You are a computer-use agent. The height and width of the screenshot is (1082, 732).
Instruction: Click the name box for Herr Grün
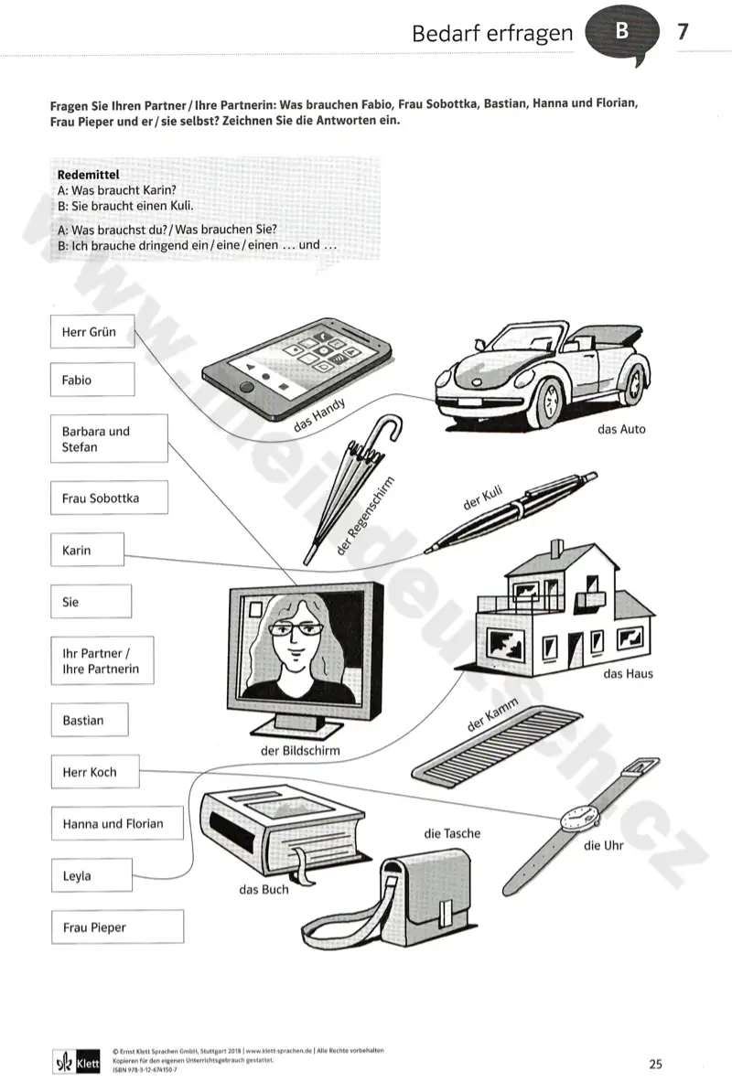pyautogui.click(x=92, y=332)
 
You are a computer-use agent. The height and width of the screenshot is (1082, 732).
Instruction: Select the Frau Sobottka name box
pyautogui.click(x=109, y=498)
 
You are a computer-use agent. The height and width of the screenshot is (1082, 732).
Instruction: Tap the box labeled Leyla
pyautogui.click(x=91, y=875)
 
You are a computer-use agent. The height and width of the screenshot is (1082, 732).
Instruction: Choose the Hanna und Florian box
pyautogui.click(x=117, y=823)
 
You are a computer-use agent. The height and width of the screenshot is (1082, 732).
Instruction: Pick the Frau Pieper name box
pyautogui.click(x=117, y=927)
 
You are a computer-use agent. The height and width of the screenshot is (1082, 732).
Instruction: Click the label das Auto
pyautogui.click(x=621, y=429)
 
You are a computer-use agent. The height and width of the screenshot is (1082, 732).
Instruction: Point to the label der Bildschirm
pyautogui.click(x=300, y=751)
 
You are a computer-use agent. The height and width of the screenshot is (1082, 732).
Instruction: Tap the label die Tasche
pyautogui.click(x=452, y=833)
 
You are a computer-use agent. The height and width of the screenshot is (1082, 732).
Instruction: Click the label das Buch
pyautogui.click(x=264, y=890)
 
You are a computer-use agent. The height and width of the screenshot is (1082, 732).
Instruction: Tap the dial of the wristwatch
pyautogui.click(x=578, y=819)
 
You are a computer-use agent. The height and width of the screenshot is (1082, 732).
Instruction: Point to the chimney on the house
pyautogui.click(x=556, y=551)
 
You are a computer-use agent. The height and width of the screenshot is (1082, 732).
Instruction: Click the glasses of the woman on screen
pyautogui.click(x=296, y=629)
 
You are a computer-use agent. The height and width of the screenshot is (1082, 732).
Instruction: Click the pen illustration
pyautogui.click(x=511, y=512)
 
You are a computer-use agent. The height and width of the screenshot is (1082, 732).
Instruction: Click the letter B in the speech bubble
pyautogui.click(x=621, y=30)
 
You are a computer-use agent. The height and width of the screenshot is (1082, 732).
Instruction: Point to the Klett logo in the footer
pyautogui.click(x=77, y=1063)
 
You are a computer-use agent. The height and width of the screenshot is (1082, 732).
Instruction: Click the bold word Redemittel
pyautogui.click(x=89, y=175)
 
